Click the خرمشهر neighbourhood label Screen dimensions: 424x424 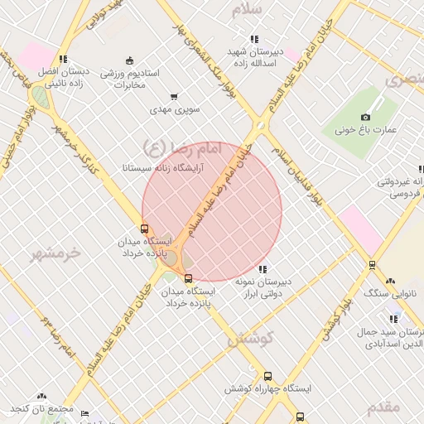(x=57, y=253)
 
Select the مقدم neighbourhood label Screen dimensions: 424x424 (x=383, y=407)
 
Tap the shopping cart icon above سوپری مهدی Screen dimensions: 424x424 (x=174, y=97)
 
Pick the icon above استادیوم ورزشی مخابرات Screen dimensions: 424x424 (x=128, y=60)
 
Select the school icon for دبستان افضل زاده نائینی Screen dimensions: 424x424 (x=63, y=59)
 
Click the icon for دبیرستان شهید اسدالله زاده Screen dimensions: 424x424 (x=253, y=38)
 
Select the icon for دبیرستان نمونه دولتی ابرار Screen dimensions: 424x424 (x=263, y=269)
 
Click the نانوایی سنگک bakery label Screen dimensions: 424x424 (x=389, y=294)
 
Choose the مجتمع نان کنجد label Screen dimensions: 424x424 (x=42, y=409)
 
